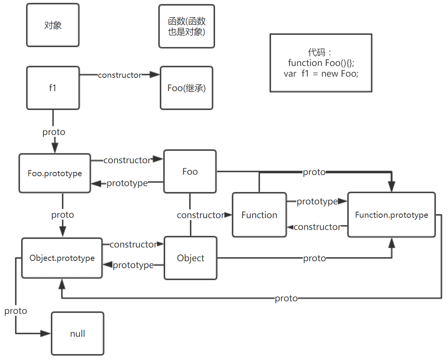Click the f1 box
[53, 88]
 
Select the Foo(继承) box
[187, 88]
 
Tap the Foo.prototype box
[55, 173]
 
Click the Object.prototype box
[62, 258]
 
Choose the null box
[78, 334]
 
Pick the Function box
[259, 215]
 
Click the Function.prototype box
[391, 215]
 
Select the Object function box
[190, 258]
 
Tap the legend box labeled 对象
[53, 25]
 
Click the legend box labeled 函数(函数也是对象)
[187, 26]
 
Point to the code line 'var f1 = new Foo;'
[321, 74]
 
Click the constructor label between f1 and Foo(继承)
[120, 75]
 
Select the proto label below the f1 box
[54, 132]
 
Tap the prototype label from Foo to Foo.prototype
[127, 183]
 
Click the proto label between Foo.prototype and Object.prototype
[62, 215]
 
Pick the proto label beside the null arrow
[16, 311]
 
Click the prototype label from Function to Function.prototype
[317, 201]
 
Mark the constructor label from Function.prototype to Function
[317, 227]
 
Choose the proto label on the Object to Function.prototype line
[314, 259]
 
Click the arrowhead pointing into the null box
[47, 334]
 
